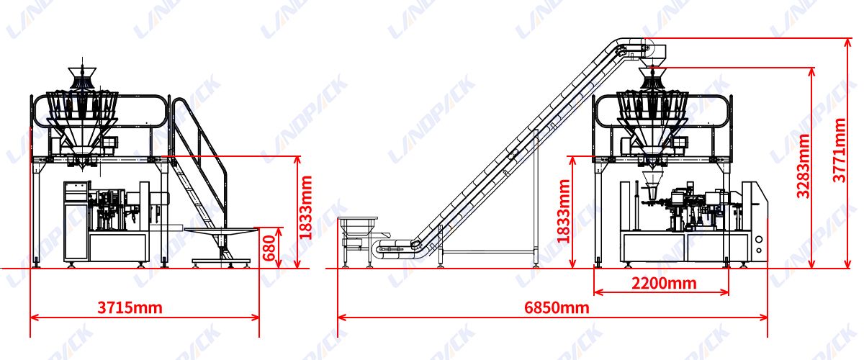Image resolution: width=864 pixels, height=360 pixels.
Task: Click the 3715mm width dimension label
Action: click(x=130, y=308)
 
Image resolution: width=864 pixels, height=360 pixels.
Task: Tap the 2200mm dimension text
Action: click(x=664, y=283)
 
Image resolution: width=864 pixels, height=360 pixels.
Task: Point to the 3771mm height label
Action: click(x=840, y=150)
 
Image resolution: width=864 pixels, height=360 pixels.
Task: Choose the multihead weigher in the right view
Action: click(x=652, y=115)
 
